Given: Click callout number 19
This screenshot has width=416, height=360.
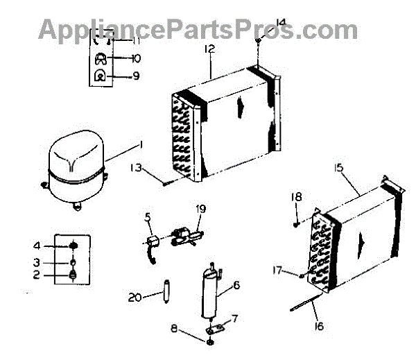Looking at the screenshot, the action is tap(200, 207).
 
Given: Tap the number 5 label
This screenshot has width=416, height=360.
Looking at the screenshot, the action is tap(147, 215).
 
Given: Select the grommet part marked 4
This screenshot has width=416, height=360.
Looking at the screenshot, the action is tap(72, 246).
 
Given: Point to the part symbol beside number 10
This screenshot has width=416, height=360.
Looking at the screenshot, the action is tap(100, 59).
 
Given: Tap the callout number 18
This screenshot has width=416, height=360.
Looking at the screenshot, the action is tap(296, 197).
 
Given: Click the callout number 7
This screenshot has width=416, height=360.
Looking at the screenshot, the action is tap(235, 318).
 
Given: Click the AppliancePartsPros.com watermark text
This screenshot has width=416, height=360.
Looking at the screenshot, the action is tap(198, 29).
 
